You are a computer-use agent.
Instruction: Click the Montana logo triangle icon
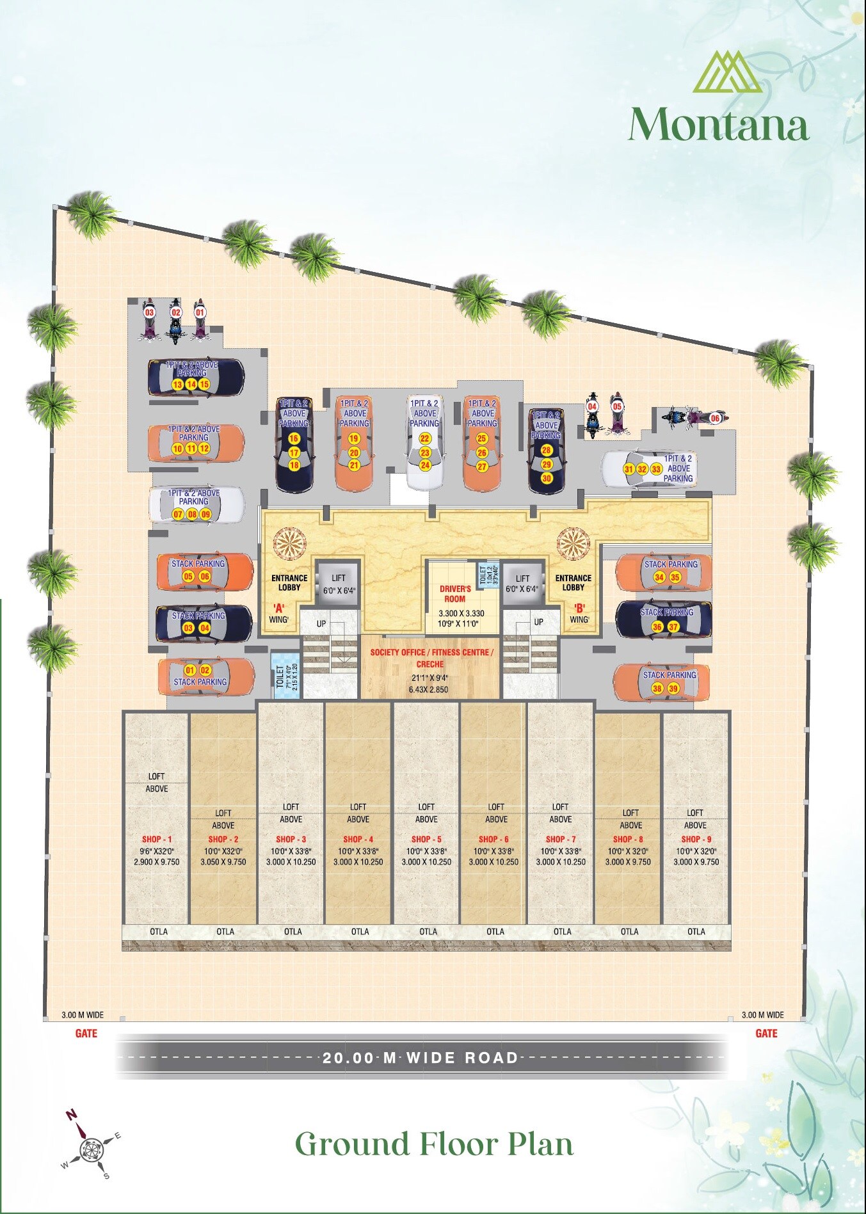pyautogui.click(x=727, y=72)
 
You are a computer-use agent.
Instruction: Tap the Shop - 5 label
pyautogui.click(x=426, y=839)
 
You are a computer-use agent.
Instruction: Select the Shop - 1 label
pyautogui.click(x=157, y=839)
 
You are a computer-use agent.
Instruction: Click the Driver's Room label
pyautogui.click(x=455, y=594)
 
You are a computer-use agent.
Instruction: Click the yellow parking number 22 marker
pyautogui.click(x=425, y=438)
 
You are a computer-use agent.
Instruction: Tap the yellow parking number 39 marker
pyautogui.click(x=673, y=689)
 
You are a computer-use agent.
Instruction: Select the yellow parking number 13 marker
pyautogui.click(x=178, y=385)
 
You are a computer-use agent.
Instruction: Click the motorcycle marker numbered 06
pyautogui.click(x=715, y=418)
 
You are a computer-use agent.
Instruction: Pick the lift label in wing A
pyautogui.click(x=339, y=578)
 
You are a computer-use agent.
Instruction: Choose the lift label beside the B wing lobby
pyautogui.click(x=522, y=578)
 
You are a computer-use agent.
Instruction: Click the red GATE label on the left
pyautogui.click(x=86, y=1034)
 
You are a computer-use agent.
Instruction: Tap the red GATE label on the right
pyautogui.click(x=766, y=1034)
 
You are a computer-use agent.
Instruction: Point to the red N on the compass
pyautogui.click(x=71, y=1114)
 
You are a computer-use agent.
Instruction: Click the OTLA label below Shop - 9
pyautogui.click(x=696, y=932)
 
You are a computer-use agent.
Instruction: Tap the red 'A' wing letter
pyautogui.click(x=278, y=608)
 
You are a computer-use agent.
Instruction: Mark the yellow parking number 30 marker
pyautogui.click(x=547, y=478)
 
